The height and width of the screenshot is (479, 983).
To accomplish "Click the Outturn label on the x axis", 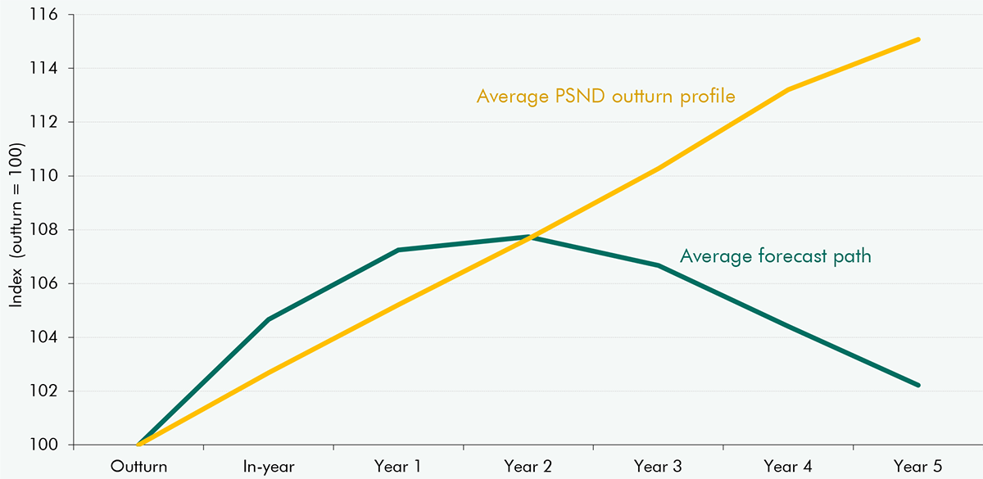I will [x=139, y=467].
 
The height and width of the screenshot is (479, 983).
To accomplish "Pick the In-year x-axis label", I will [x=269, y=467].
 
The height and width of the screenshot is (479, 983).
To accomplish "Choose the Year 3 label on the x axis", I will [x=658, y=467].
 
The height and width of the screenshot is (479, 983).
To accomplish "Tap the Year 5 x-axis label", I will [x=918, y=467].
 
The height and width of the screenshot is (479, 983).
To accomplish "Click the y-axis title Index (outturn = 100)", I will [x=16, y=225].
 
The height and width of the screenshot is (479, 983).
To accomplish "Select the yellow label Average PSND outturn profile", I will [x=605, y=97].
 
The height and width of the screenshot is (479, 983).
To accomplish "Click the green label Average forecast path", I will [x=775, y=256].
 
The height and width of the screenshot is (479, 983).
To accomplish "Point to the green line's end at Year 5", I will [x=919, y=385].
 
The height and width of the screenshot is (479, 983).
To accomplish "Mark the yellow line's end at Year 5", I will [x=919, y=39].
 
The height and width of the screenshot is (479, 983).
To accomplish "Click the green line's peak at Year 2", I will [x=528, y=237].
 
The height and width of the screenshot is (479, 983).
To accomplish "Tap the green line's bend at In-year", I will [x=269, y=319].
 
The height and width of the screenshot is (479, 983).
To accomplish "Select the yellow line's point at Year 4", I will [x=788, y=89].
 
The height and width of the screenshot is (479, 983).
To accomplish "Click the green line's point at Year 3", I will [x=658, y=265].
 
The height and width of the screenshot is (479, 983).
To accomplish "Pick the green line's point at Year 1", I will [x=398, y=250].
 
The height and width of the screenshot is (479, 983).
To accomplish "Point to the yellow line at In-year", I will [x=269, y=373].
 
